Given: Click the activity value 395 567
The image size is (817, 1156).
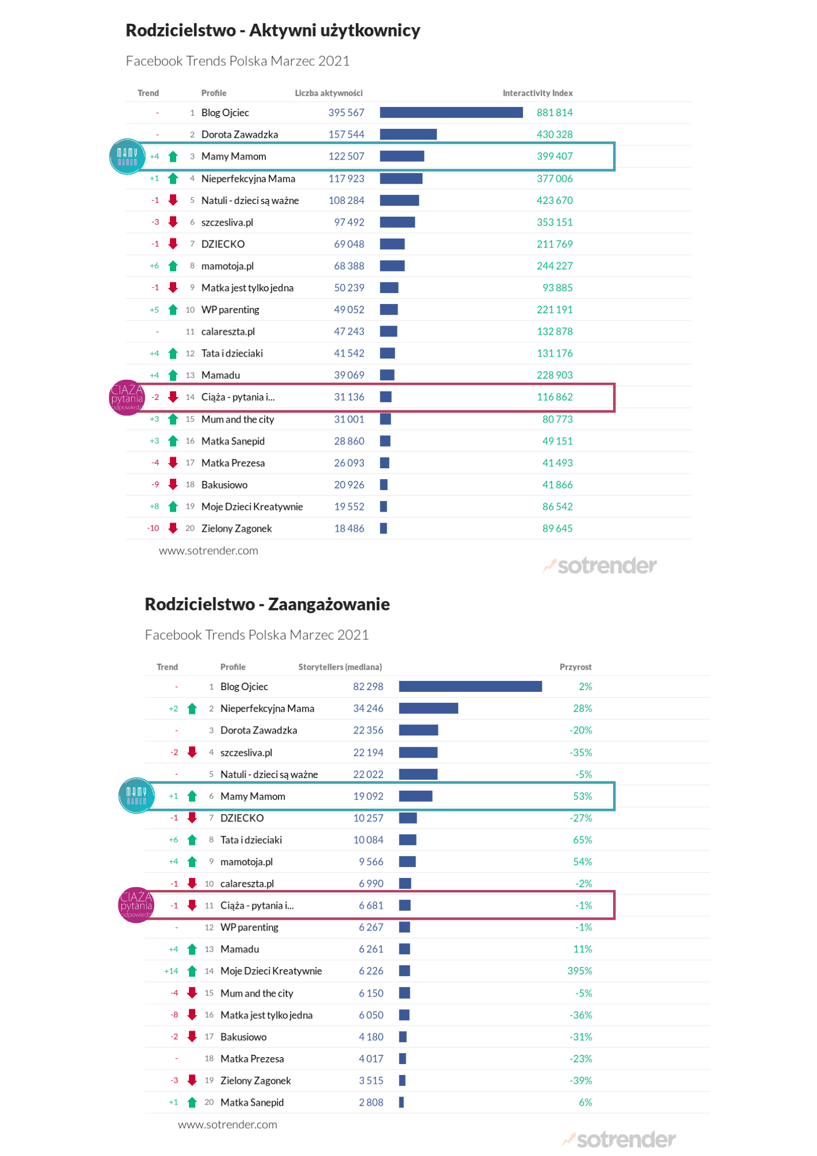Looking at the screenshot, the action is tap(346, 113).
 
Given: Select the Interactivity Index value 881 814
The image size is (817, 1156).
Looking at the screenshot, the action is tap(555, 113).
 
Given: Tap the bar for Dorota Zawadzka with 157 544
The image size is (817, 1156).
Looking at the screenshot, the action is tap(408, 134).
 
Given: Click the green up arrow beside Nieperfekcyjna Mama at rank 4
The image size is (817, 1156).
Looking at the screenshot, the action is tap(173, 179).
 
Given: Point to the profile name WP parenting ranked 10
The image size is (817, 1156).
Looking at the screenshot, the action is tap(230, 310).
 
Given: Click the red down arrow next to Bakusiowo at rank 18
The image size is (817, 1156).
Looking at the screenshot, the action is tap(173, 484).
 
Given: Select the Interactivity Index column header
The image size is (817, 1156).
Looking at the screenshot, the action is tap(537, 93).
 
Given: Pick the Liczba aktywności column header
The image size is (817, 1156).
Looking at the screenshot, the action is tap(329, 93).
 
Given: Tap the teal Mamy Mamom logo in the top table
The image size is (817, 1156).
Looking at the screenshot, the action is tap(127, 157).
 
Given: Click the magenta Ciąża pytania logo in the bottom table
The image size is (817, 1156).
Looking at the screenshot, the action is tap(136, 905).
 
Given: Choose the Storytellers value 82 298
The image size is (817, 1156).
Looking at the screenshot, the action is tap(368, 687).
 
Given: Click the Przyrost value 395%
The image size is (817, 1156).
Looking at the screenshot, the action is tap(580, 971).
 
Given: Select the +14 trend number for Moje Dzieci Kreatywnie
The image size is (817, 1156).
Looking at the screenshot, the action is tap(171, 971).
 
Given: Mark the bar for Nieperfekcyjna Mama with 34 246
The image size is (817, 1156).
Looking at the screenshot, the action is tap(428, 708).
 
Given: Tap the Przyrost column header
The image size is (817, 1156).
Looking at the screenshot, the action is tap(575, 667).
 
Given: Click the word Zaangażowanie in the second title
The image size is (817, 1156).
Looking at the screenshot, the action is tap(329, 605).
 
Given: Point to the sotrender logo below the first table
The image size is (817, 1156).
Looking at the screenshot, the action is tap(600, 565).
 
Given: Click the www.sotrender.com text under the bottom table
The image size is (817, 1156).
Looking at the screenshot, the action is tap(228, 1125).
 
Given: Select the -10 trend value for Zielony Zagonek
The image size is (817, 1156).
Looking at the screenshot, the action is tap(153, 528).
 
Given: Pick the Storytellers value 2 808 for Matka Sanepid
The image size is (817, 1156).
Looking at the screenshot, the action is tap(371, 1102).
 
